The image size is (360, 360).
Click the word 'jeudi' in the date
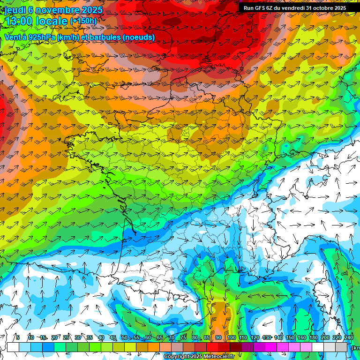pyautogui.click(x=15, y=10)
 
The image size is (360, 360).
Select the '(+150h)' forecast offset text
pyautogui.click(x=83, y=21)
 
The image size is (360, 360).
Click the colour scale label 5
pyautogui.click(x=18, y=337)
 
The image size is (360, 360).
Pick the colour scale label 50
pyautogui.click(x=124, y=337)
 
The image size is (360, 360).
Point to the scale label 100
pyautogui.click(x=231, y=337)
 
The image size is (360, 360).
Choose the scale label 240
pyautogui.click(x=349, y=337)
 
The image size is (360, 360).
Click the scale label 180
pyautogui.click(x=314, y=337)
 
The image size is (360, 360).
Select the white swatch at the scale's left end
pyautogui.click(x=13, y=347)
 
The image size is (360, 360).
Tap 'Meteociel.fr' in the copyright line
pyautogui.click(x=218, y=357)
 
